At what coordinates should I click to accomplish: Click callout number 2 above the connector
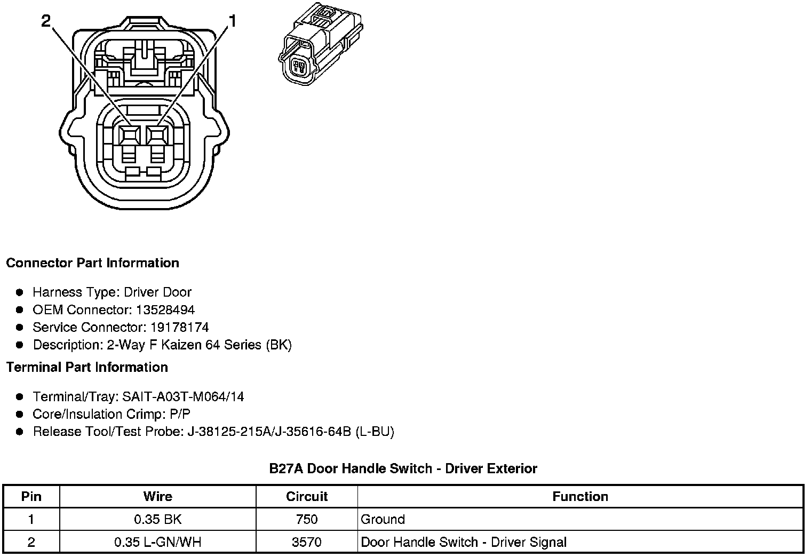pyautogui.click(x=46, y=21)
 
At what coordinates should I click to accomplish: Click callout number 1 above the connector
pyautogui.click(x=233, y=21)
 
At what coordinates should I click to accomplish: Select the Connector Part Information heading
pyautogui.click(x=92, y=263)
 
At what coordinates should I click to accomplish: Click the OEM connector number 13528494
pyautogui.click(x=165, y=310)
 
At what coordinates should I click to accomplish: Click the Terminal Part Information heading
pyautogui.click(x=87, y=368)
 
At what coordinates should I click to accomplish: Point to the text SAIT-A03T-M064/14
pyautogui.click(x=183, y=397)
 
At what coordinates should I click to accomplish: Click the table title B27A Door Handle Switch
pyautogui.click(x=403, y=469)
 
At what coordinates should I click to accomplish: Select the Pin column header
pyautogui.click(x=31, y=497)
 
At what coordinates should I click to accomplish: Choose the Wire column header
pyautogui.click(x=158, y=497)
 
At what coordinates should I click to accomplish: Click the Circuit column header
pyautogui.click(x=307, y=497)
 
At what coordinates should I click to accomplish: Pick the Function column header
pyautogui.click(x=580, y=497)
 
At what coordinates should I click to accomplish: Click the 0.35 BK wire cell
pyautogui.click(x=158, y=520)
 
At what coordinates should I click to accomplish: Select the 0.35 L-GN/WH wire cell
pyautogui.click(x=158, y=543)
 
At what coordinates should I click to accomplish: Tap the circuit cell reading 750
pyautogui.click(x=307, y=520)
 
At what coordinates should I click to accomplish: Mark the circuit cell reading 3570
pyautogui.click(x=307, y=543)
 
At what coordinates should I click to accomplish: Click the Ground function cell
pyautogui.click(x=383, y=520)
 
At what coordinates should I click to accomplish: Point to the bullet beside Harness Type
pyautogui.click(x=20, y=292)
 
